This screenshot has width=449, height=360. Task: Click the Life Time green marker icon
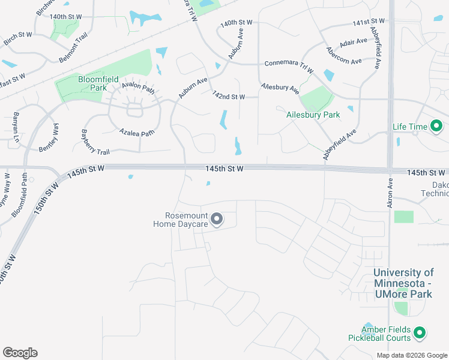pos(436,127)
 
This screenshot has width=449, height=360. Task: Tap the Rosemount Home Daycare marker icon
pos(217,220)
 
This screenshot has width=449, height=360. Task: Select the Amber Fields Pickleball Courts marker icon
pos(420,332)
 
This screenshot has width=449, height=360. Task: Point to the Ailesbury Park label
pos(313,115)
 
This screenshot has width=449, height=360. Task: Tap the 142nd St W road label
pos(229,96)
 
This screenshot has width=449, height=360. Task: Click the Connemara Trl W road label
pos(289,66)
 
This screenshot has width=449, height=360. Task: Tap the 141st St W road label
pos(369,23)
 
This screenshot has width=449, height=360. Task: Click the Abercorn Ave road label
pos(344,62)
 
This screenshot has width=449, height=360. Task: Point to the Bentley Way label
pos(49,137)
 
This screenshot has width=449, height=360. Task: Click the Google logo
pos(20,353)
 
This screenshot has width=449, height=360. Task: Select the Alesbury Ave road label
pos(279,88)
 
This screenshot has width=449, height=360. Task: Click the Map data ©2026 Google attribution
pos(412,355)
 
